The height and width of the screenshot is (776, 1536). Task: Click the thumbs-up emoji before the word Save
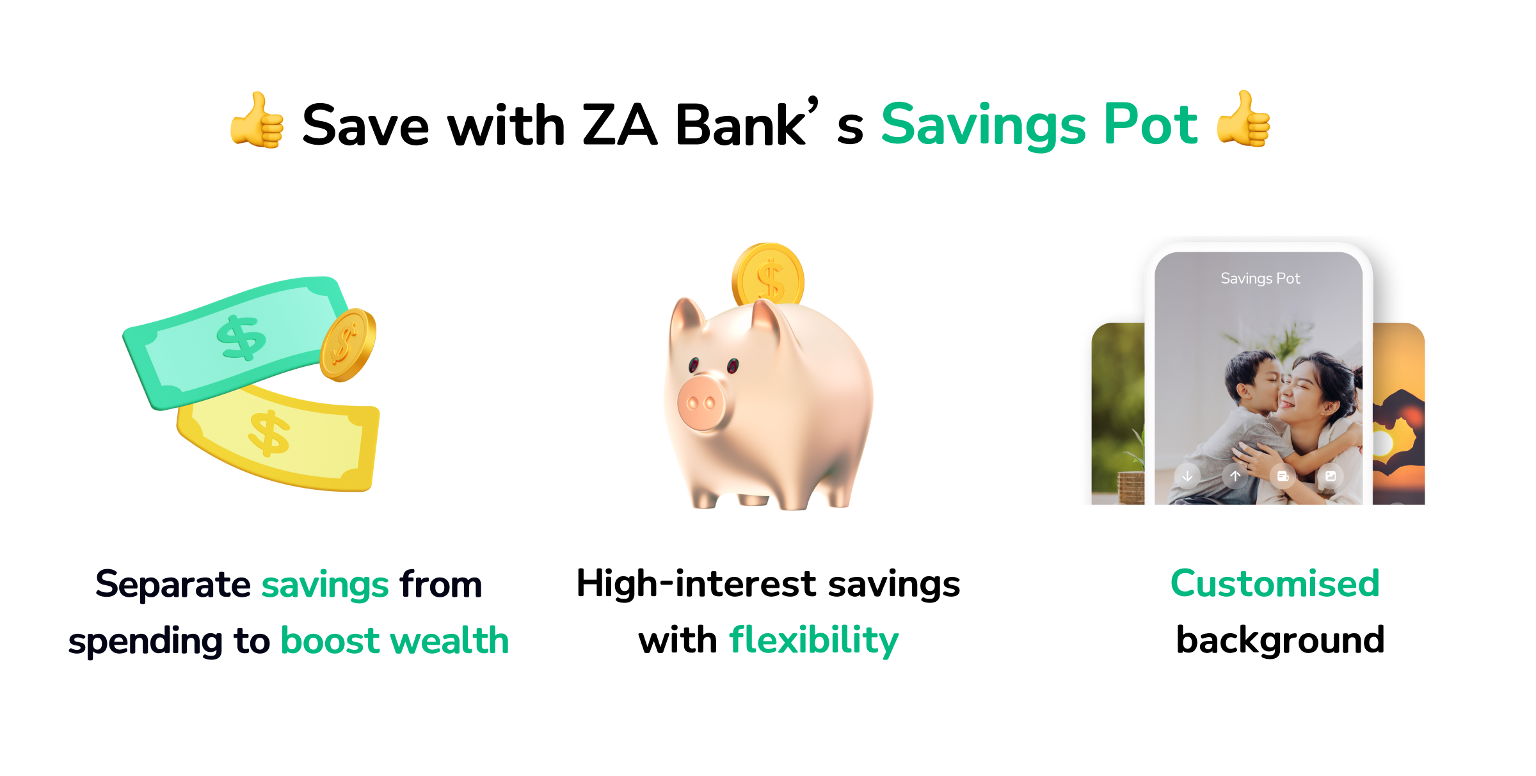click(x=257, y=120)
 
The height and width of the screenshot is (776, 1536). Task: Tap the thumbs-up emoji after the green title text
click(x=1244, y=119)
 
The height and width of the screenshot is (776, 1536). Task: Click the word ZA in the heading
click(x=620, y=125)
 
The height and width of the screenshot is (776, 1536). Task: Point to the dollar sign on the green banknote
click(x=241, y=337)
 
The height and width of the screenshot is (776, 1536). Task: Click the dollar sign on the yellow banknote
click(x=269, y=433)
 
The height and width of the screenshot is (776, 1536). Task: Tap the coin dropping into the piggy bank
click(x=768, y=274)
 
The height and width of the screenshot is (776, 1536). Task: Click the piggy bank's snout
click(x=701, y=403)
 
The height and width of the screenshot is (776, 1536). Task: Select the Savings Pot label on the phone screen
click(x=1260, y=279)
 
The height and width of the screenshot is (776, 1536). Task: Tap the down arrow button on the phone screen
click(x=1187, y=476)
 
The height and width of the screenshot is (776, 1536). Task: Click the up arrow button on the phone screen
click(x=1235, y=476)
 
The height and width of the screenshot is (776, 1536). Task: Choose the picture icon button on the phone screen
click(x=1331, y=476)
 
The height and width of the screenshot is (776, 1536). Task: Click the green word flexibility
click(x=813, y=641)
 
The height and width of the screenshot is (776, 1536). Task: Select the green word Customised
click(x=1275, y=584)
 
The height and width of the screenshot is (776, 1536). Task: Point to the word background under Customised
click(x=1281, y=641)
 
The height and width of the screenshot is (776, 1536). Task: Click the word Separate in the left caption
click(x=173, y=585)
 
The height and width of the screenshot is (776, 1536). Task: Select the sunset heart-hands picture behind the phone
click(x=1399, y=414)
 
